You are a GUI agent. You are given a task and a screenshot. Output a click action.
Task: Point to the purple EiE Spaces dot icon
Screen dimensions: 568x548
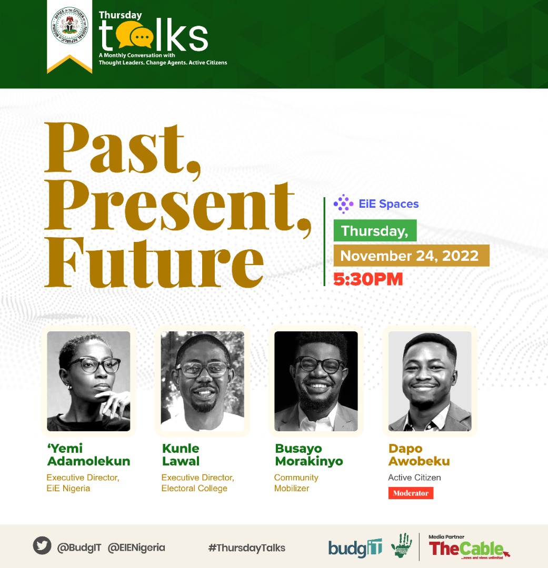click(x=343, y=204)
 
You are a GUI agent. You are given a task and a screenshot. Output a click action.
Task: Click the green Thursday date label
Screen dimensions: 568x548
click(x=375, y=231)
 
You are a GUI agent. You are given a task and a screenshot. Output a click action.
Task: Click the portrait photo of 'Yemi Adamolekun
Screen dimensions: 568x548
click(x=88, y=381)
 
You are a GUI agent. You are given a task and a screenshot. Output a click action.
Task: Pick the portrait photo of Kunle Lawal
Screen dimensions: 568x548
click(x=202, y=381)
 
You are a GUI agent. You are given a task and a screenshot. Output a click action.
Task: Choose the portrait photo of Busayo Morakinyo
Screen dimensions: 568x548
click(x=316, y=381)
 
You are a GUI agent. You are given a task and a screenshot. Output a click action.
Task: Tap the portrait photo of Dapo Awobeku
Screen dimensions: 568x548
click(x=430, y=381)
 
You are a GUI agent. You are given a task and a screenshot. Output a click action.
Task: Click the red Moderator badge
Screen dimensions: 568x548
click(x=411, y=493)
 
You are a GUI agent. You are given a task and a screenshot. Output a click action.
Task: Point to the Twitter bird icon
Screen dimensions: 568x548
click(x=42, y=546)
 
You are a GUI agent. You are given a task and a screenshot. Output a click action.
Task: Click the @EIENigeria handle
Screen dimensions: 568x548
click(x=136, y=547)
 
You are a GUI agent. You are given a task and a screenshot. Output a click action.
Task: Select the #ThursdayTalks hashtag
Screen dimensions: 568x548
click(x=246, y=547)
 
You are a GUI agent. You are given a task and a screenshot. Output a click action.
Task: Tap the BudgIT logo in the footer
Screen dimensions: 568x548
click(x=355, y=548)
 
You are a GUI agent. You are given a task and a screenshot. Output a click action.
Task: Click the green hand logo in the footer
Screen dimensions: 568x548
click(x=402, y=546)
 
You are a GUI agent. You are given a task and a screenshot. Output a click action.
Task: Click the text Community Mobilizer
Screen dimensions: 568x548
click(x=296, y=483)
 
